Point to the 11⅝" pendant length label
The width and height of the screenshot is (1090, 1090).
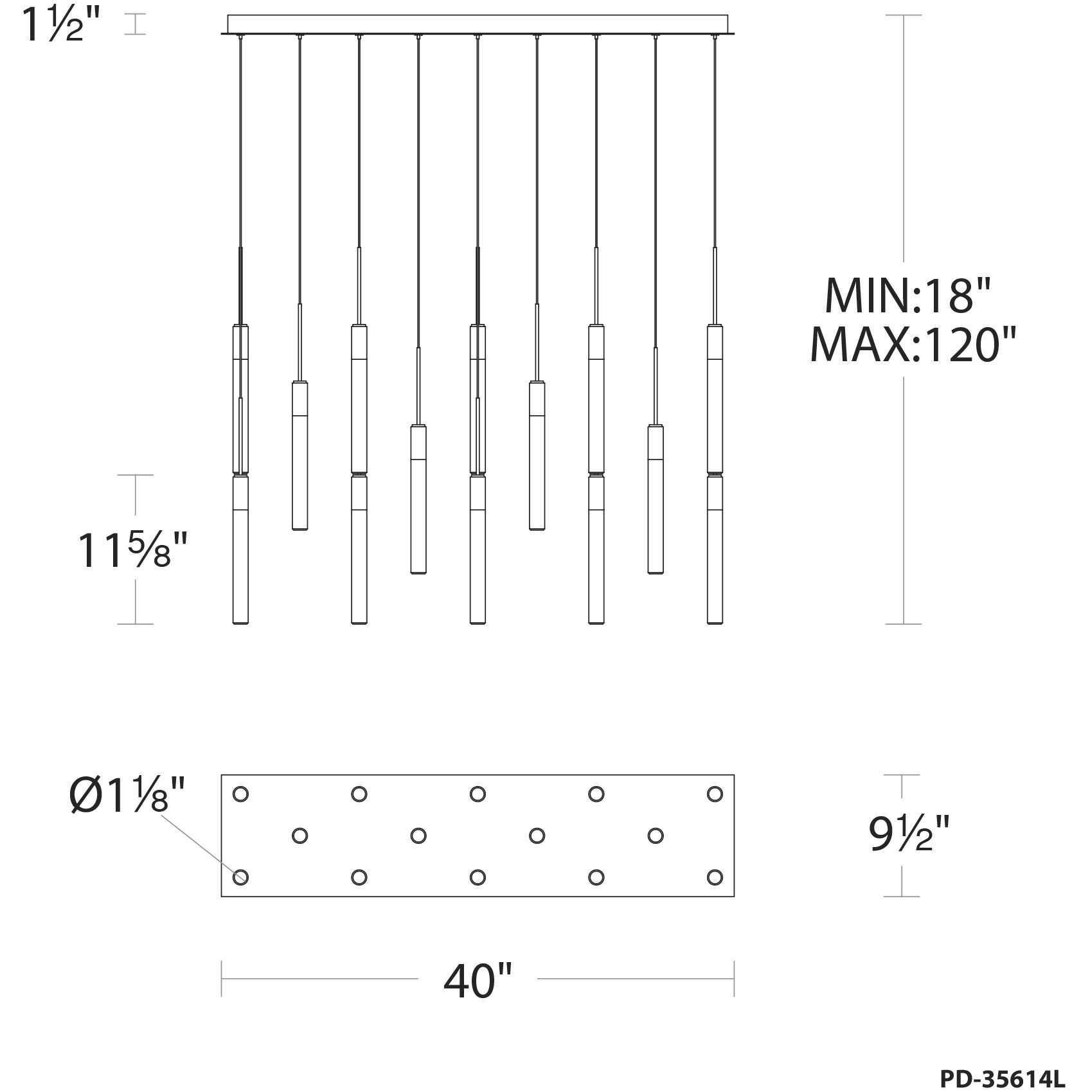(132, 550)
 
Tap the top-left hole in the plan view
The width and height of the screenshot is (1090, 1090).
(240, 794)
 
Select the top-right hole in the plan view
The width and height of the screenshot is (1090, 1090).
(715, 794)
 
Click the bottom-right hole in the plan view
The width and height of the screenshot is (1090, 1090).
(715, 877)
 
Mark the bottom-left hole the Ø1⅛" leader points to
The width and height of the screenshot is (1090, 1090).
(240, 877)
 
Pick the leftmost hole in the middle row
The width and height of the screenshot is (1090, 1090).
(299, 835)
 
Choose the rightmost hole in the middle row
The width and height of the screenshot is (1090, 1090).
(656, 835)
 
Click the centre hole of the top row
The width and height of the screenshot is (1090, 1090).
(478, 794)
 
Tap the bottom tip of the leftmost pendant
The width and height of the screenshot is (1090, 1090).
(240, 621)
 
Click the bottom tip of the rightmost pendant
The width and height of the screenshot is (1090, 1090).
(715, 621)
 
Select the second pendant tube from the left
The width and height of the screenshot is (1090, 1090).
(299, 456)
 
